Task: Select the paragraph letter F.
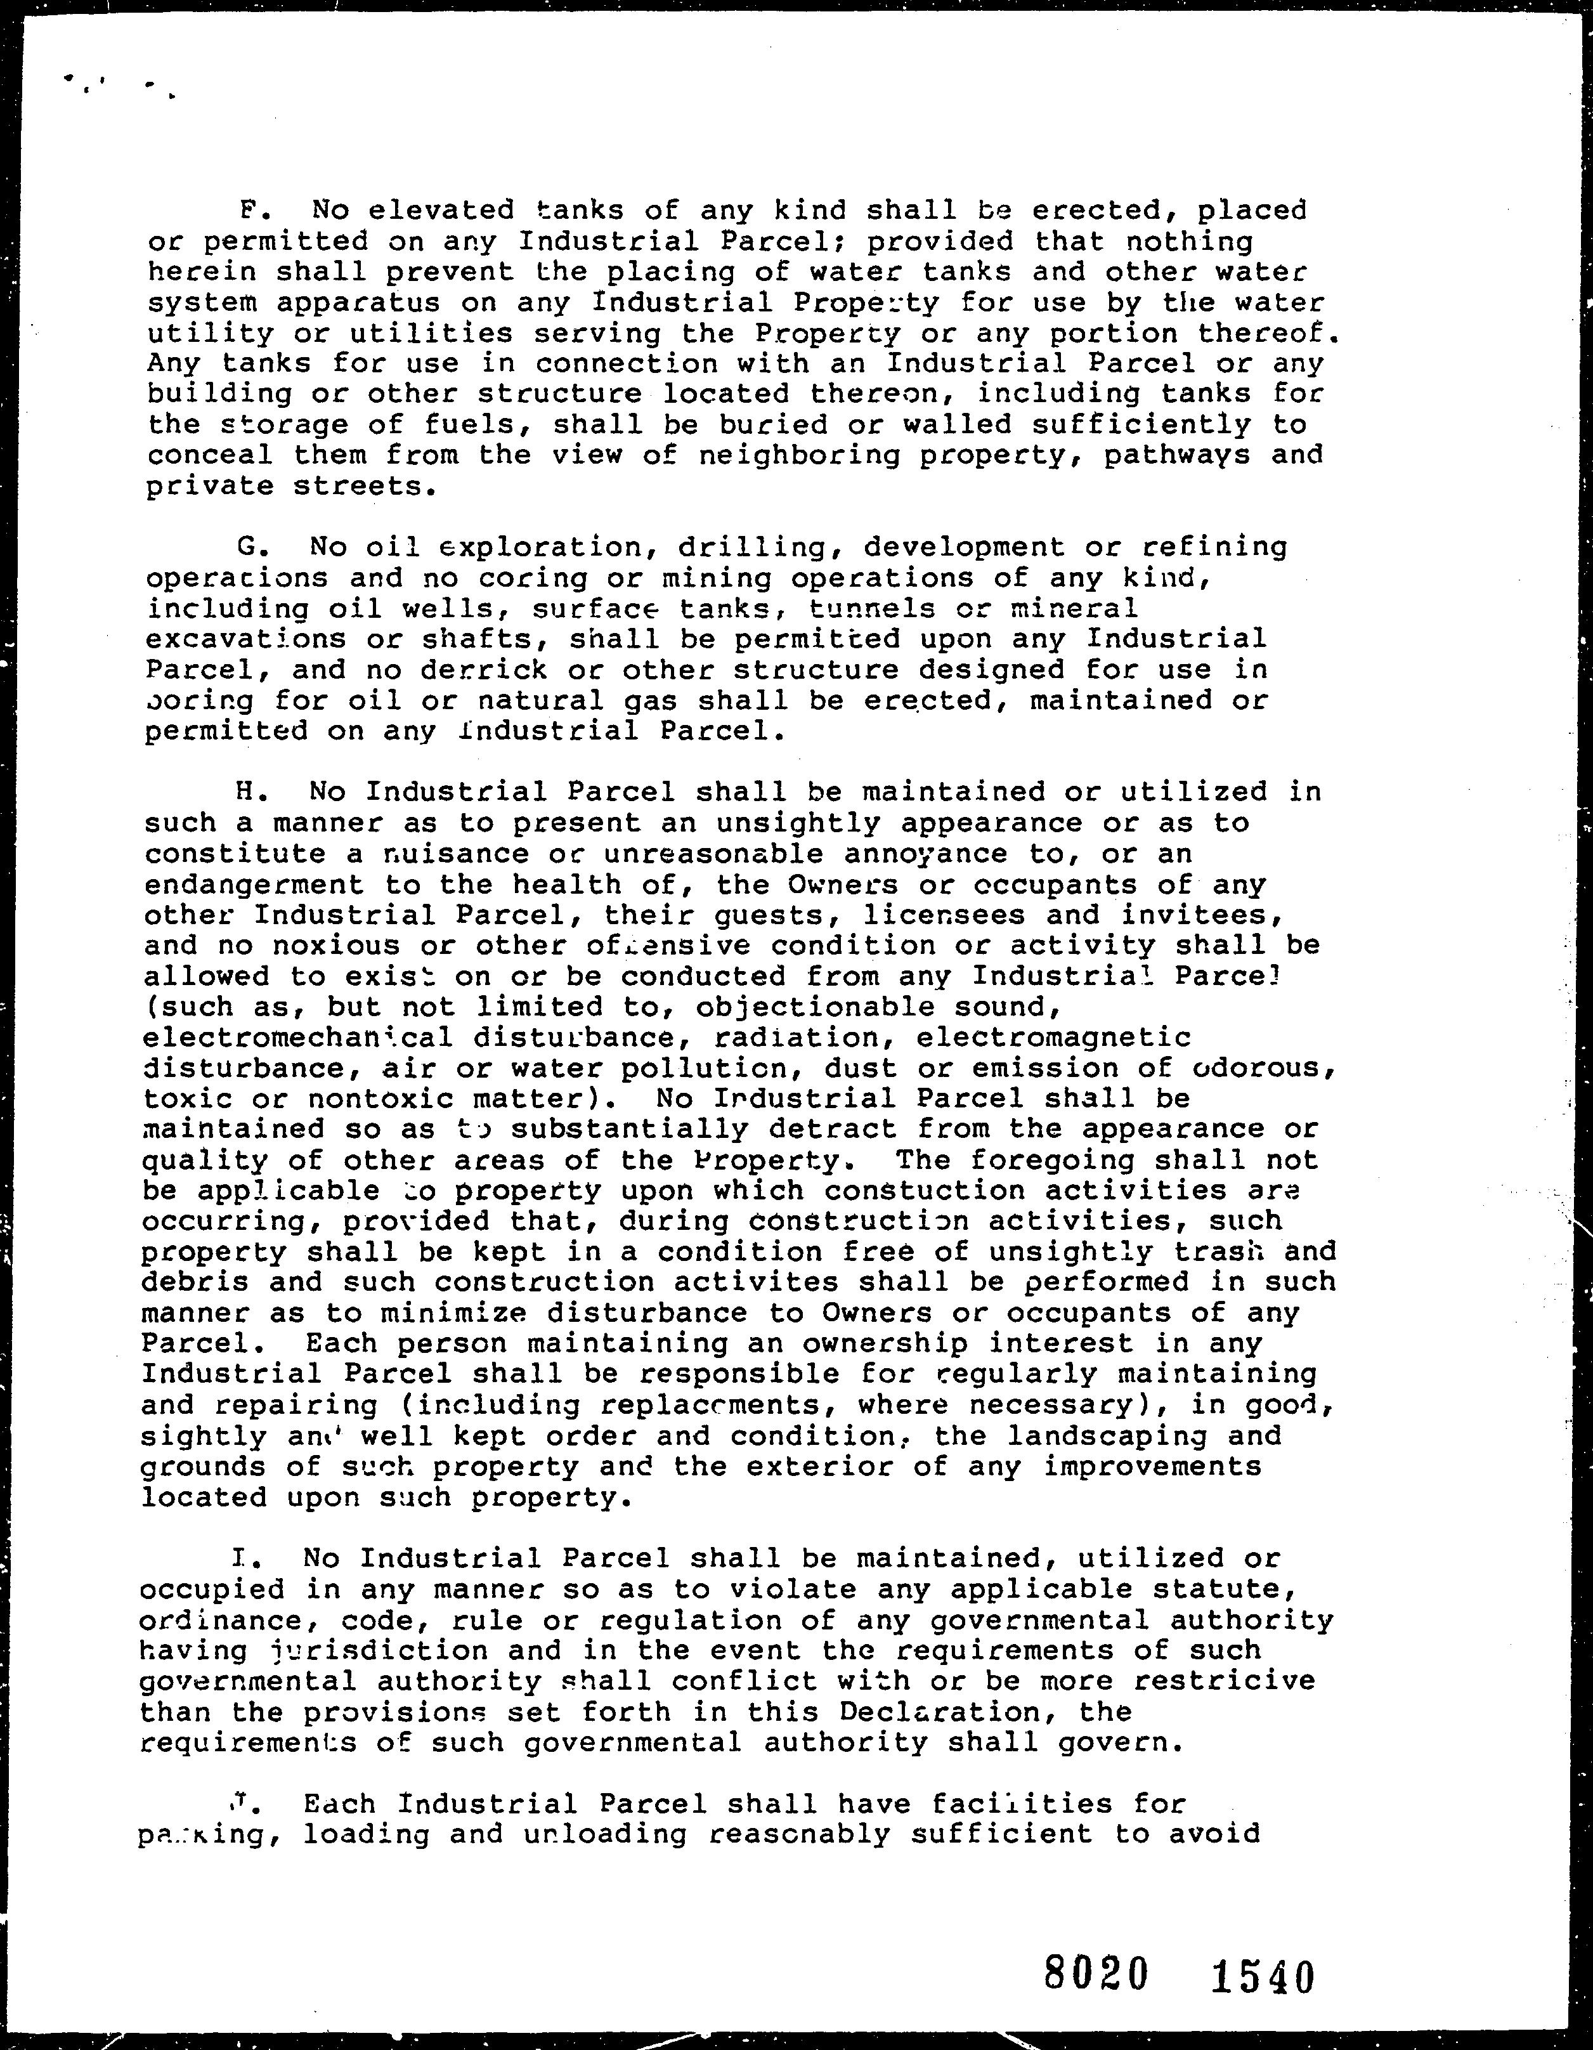pos(248,209)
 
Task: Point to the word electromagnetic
pos(1053,1038)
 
